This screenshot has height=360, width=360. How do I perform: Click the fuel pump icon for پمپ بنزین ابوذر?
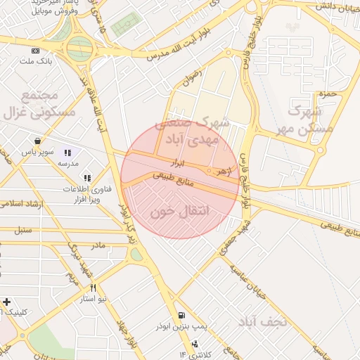click(182, 316)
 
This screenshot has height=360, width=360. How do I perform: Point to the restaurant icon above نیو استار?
click(93, 288)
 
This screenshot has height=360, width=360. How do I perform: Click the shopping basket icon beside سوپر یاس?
click(37, 141)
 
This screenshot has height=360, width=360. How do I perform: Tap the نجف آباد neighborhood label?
click(263, 322)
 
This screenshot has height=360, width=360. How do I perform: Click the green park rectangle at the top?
click(125, 25)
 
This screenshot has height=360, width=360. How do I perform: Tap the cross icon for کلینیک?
click(7, 302)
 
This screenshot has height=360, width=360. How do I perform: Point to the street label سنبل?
click(23, 230)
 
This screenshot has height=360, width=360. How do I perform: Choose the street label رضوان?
click(191, 76)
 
